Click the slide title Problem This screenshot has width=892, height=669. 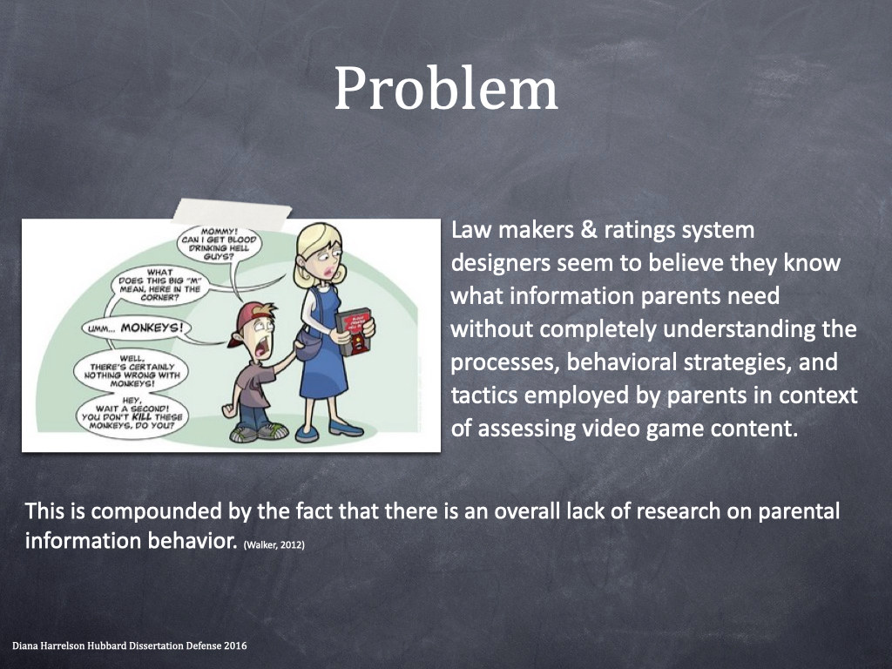(445, 89)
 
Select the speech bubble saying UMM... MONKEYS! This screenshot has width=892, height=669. (135, 328)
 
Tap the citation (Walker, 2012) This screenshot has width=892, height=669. (274, 545)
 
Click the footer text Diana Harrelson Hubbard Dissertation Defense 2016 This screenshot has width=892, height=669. (130, 645)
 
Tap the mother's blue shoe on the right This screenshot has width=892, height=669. (345, 427)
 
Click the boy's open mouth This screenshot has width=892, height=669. (262, 348)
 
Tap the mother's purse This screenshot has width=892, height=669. (309, 345)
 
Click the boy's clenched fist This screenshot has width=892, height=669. (229, 409)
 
